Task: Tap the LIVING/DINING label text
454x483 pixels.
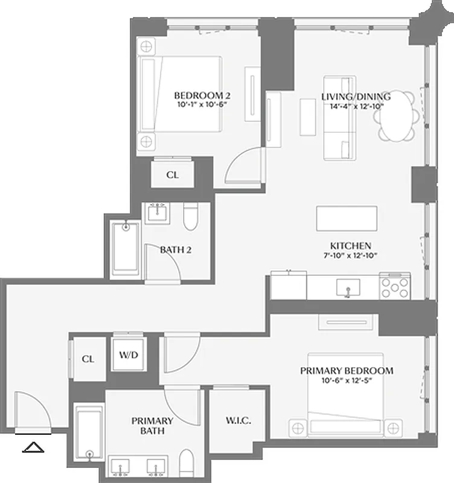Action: pos(356,97)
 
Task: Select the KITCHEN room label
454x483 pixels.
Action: pos(350,246)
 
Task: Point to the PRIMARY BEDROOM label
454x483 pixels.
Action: pos(347,371)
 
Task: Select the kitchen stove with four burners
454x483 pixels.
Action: pos(395,286)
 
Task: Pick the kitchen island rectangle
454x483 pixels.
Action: pos(347,218)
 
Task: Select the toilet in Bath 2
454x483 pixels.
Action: pos(190,217)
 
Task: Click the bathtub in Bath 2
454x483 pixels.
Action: pos(126,249)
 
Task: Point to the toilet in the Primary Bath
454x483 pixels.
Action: pos(188,461)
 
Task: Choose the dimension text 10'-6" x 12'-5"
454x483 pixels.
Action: pos(347,381)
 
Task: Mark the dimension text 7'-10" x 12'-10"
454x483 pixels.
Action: pos(350,256)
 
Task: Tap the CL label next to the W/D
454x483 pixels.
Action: pos(88,359)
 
